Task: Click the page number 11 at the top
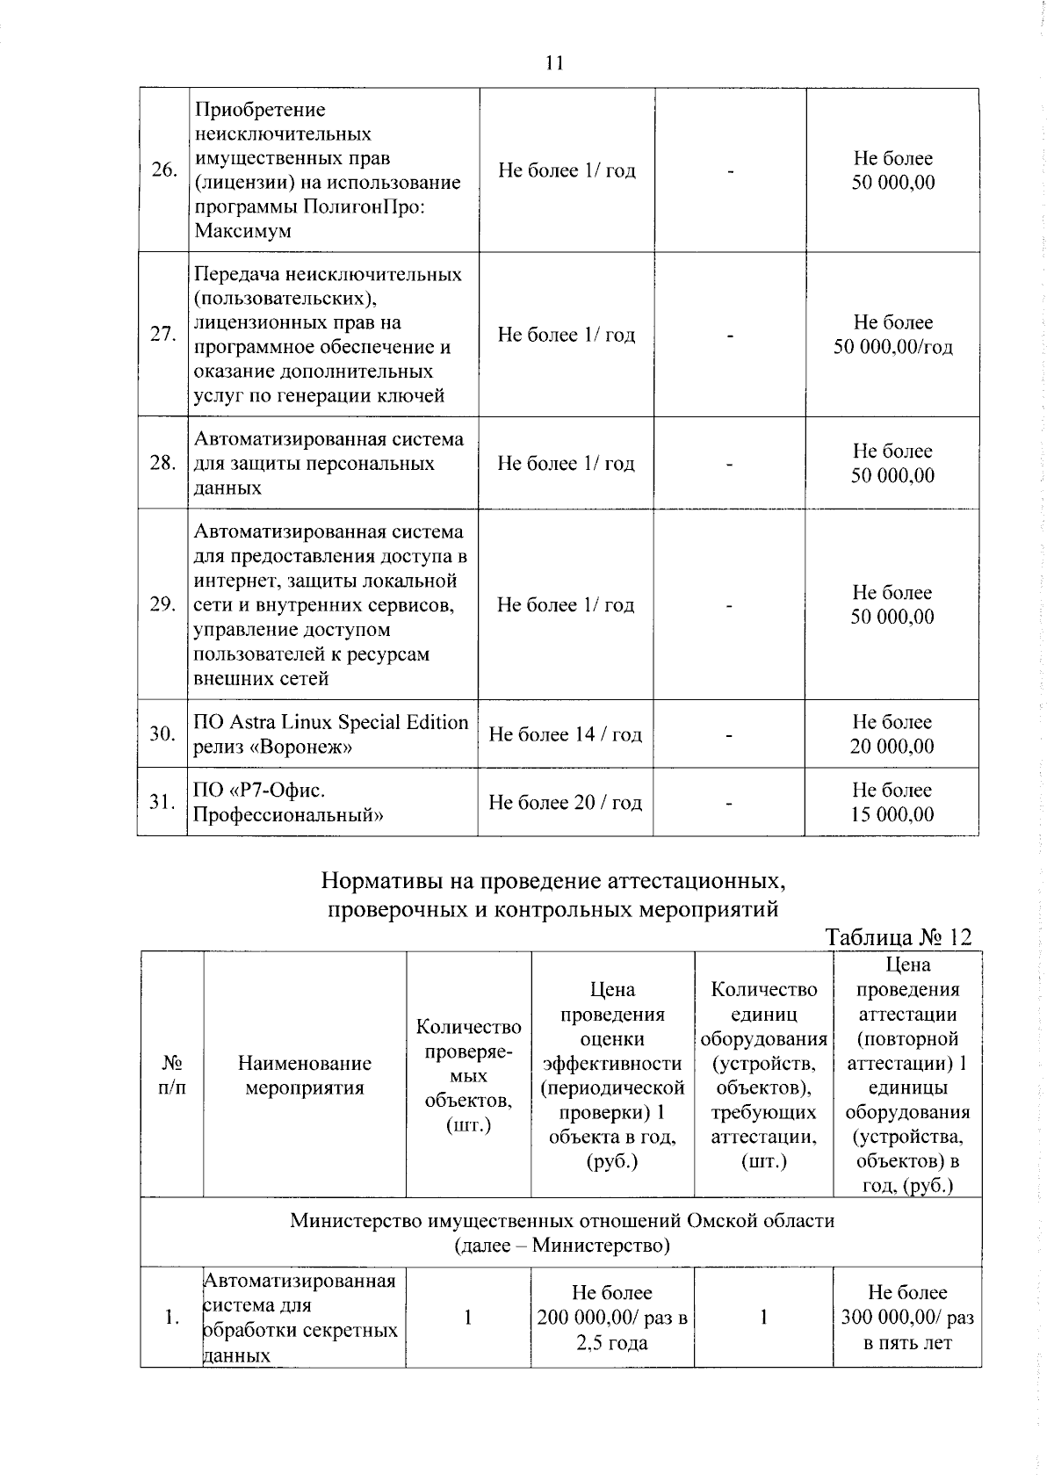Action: coord(553,62)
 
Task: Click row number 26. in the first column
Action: coord(163,170)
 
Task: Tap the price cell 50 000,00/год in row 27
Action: coord(892,347)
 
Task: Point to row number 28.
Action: coord(163,463)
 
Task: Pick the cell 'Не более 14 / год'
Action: coord(565,733)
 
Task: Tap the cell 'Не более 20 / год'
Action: coord(565,802)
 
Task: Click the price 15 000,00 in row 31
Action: coord(892,814)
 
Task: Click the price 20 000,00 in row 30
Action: coord(892,747)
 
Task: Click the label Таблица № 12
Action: coord(899,937)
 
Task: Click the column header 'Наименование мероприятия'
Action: coord(304,1075)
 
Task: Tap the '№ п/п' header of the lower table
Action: coord(171,1075)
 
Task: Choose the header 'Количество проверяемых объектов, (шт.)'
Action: coord(468,1075)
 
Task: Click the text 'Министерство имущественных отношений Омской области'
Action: coord(561,1220)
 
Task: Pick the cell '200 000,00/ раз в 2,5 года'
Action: coord(611,1318)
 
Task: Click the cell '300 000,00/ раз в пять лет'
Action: coord(906,1318)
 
